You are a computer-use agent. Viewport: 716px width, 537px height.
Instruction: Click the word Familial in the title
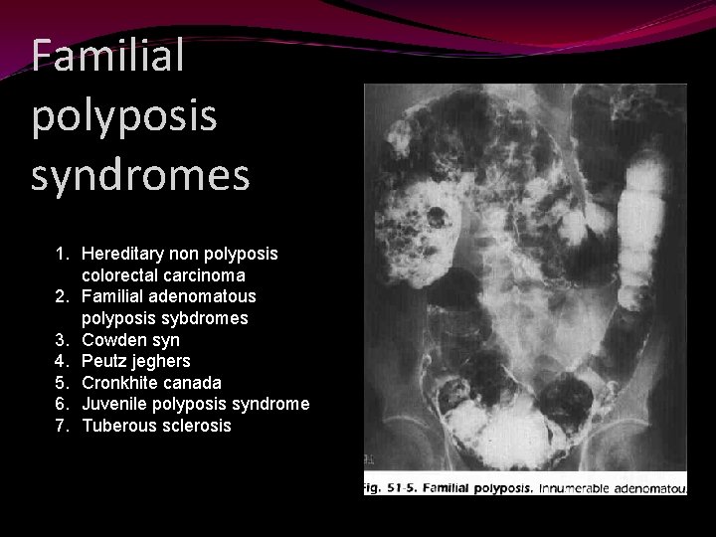(107, 56)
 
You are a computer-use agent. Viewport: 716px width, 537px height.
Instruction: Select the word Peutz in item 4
(104, 361)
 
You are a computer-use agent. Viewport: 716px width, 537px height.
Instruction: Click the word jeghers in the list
(161, 361)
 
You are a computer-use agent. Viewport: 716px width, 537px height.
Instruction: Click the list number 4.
(61, 361)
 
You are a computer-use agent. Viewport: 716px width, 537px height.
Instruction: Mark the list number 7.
(61, 426)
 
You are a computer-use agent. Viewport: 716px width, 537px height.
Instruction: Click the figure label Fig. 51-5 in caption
(397, 489)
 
